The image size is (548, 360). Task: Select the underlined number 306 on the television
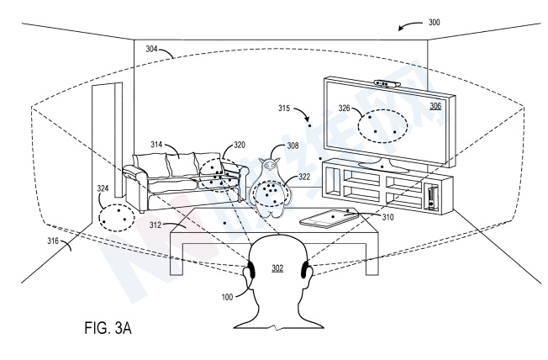pyautogui.click(x=435, y=106)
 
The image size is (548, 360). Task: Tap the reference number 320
pyautogui.click(x=239, y=145)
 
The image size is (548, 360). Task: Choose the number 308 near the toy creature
pyautogui.click(x=292, y=146)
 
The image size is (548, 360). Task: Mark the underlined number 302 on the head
pyautogui.click(x=277, y=268)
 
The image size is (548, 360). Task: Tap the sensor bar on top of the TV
pyautogui.click(x=385, y=84)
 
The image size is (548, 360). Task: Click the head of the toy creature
pyautogui.click(x=271, y=168)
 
